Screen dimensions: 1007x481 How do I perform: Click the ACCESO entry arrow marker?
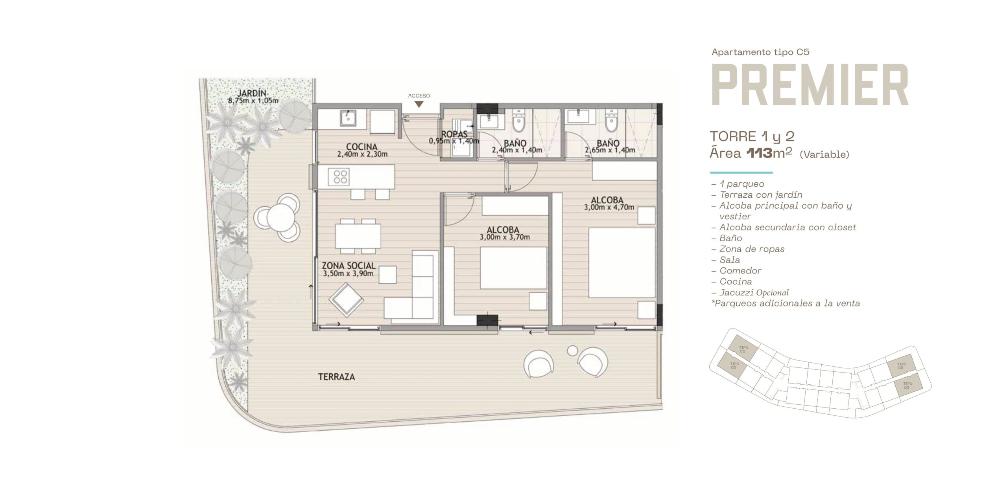coord(419,105)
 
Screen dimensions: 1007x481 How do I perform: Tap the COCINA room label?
coord(361,147)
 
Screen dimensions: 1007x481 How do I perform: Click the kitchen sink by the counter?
coord(73,117)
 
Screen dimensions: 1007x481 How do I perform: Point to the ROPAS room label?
coord(454,134)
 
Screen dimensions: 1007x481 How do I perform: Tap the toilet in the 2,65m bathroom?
coord(611,121)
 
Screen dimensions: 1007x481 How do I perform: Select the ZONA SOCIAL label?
coord(349,266)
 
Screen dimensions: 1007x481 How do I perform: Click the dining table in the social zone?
coord(358,236)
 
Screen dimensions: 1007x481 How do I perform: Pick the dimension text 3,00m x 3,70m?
coord(505,237)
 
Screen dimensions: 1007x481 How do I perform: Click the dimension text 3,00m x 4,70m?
coord(609,207)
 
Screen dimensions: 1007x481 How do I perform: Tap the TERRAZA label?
coord(336,377)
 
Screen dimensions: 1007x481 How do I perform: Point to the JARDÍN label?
coord(252,93)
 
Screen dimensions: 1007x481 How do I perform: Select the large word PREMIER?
coord(810,85)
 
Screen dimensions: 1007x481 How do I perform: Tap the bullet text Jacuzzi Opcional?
coord(754,292)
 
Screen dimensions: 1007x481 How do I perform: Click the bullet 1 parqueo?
coord(742,184)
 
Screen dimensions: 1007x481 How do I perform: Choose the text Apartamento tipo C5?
coord(760,52)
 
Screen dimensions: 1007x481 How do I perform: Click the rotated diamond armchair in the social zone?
coord(347,299)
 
